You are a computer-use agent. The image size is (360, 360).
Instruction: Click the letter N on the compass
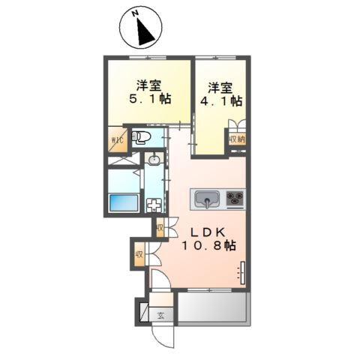click(x=136, y=13)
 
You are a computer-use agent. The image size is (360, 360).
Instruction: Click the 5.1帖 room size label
click(x=150, y=99)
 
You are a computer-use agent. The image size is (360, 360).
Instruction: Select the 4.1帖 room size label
click(x=221, y=101)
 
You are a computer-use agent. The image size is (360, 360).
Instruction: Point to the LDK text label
click(x=208, y=232)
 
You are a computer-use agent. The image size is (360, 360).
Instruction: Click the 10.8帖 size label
click(x=208, y=245)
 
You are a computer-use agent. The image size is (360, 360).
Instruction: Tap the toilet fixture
click(x=141, y=137)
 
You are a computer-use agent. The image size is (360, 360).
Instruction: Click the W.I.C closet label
click(x=117, y=140)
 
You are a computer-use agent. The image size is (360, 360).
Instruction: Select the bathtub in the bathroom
click(x=124, y=202)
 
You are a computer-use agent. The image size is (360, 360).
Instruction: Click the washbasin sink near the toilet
click(x=154, y=159)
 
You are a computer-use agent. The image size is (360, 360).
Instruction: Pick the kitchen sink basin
click(x=207, y=198)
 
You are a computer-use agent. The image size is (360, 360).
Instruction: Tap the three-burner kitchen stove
click(x=235, y=199)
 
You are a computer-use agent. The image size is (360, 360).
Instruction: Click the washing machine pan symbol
click(x=154, y=205)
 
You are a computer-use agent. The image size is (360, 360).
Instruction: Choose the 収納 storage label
click(x=237, y=139)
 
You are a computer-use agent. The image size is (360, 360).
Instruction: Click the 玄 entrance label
click(x=160, y=316)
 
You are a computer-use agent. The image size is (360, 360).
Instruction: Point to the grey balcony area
click(x=212, y=307)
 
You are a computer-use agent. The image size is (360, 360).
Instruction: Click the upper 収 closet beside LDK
click(x=160, y=228)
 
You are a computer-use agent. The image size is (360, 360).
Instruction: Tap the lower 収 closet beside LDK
click(x=139, y=255)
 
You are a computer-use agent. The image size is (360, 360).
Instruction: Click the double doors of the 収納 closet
click(x=237, y=124)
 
